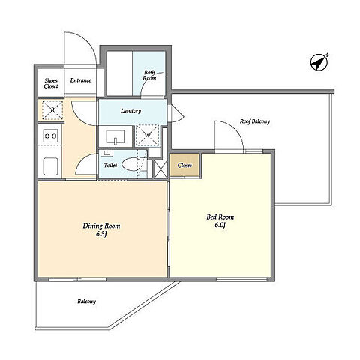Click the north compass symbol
pos(319,62)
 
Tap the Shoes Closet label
pos(51,83)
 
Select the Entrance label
pos(80,80)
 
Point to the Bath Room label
pos(149,75)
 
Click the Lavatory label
pos(131,110)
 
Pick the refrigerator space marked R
pos(52,110)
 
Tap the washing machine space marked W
pos(148,136)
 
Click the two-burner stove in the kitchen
pos(51,136)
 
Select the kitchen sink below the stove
pos(51,166)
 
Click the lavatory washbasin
pos(115,137)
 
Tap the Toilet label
pos(110,165)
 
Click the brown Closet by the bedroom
pos(184,165)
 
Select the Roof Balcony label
pos(255,121)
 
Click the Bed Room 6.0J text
pos(220,220)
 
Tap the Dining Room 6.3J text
pos(101,229)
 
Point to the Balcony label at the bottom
pos(86,301)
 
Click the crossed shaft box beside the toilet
pos(160,169)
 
